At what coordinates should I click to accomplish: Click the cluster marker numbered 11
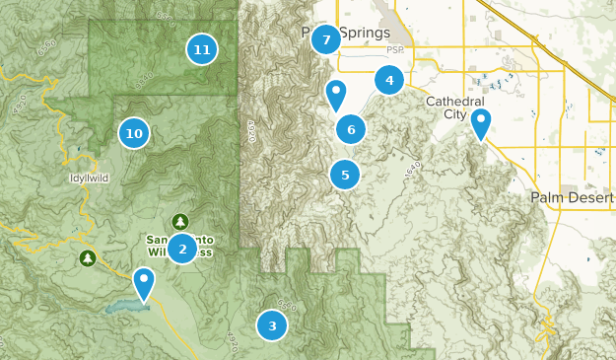(x=201, y=48)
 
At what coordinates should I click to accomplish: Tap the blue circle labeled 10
(x=134, y=133)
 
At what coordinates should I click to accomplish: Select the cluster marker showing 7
(x=325, y=40)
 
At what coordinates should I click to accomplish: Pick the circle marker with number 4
(x=389, y=81)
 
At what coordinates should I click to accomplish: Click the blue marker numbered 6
(x=351, y=128)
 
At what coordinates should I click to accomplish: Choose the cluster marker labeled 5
(x=345, y=176)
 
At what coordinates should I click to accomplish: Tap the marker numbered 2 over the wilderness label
(x=181, y=249)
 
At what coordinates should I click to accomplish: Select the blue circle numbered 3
(x=272, y=324)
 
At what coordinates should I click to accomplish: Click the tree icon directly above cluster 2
(x=179, y=221)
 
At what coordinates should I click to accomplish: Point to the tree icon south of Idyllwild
(x=88, y=258)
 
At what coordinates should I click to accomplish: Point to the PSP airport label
(x=395, y=49)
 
